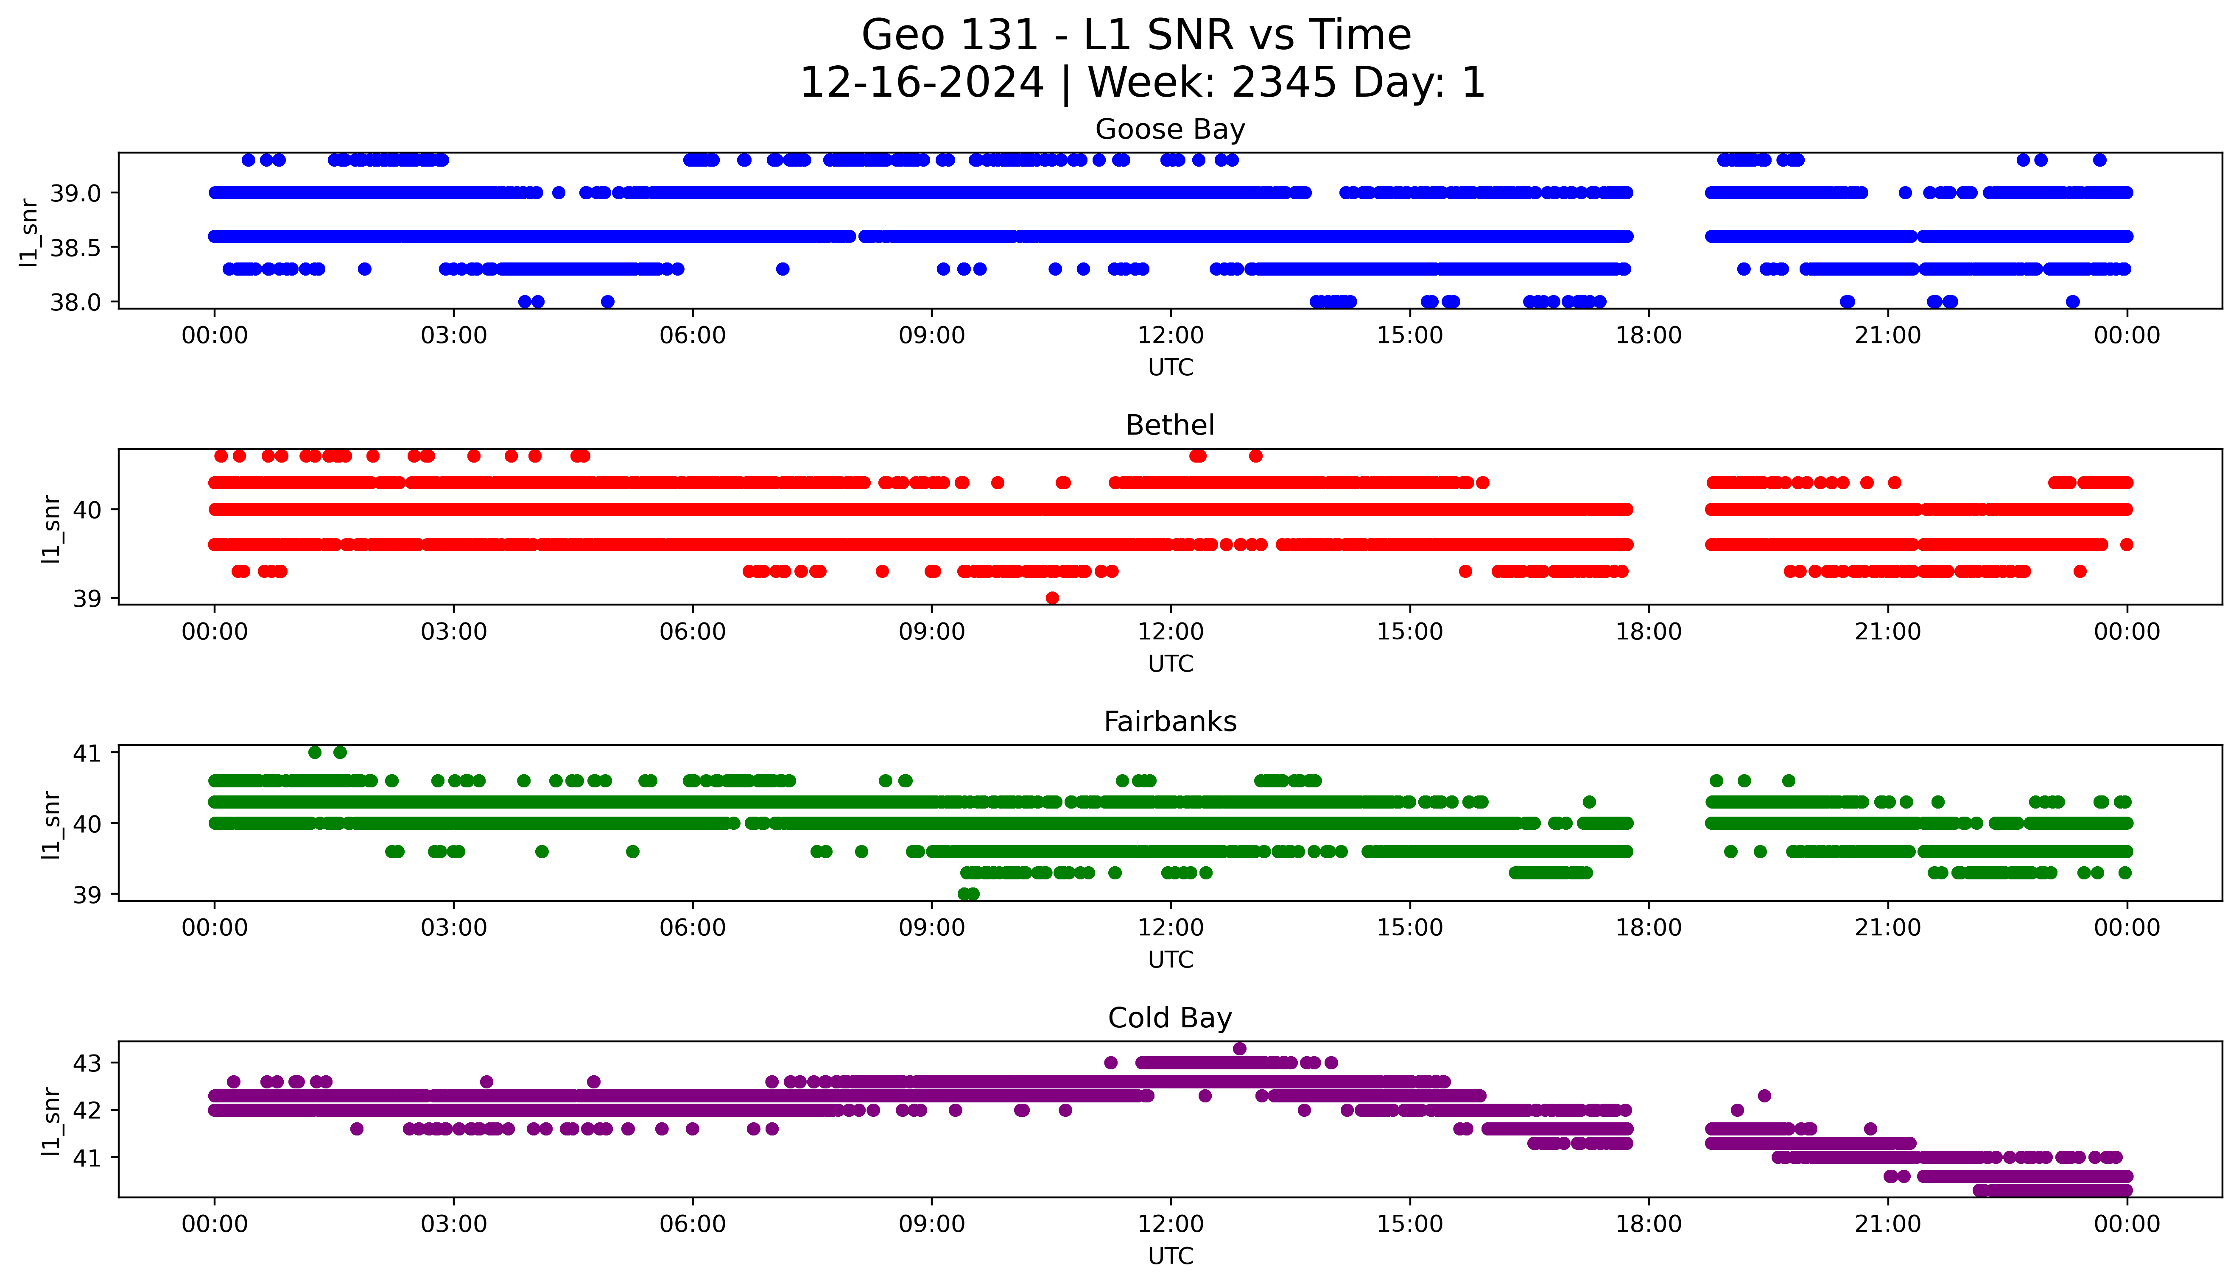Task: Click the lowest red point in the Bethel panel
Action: tap(1052, 598)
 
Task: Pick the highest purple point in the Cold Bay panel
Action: tap(1239, 1049)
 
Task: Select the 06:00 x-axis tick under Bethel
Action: tap(693, 631)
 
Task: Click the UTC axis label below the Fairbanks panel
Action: tap(1170, 959)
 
